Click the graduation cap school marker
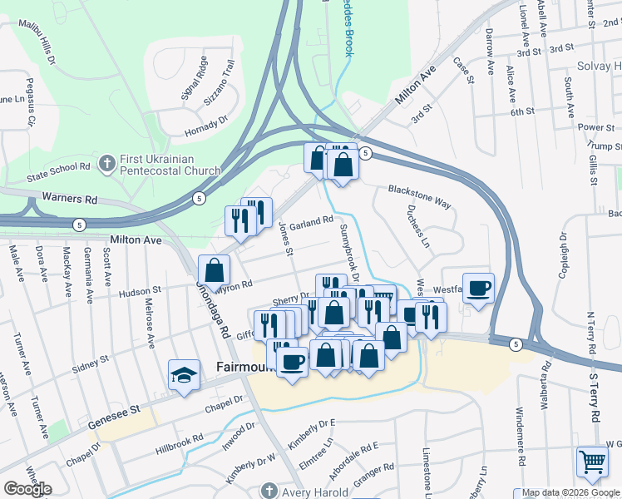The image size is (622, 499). click(184, 375)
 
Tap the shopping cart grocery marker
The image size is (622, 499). click(591, 462)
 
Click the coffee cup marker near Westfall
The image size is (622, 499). click(478, 289)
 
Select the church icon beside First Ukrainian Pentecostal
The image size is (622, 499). click(106, 163)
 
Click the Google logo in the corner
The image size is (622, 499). click(27, 489)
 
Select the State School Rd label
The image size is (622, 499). click(58, 172)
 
